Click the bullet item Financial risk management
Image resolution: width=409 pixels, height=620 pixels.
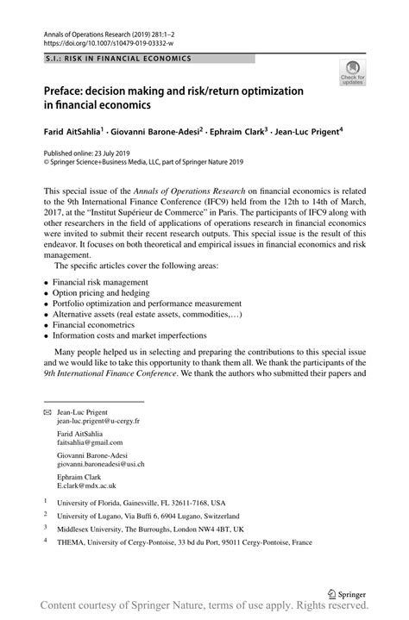pyautogui.click(x=100, y=282)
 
